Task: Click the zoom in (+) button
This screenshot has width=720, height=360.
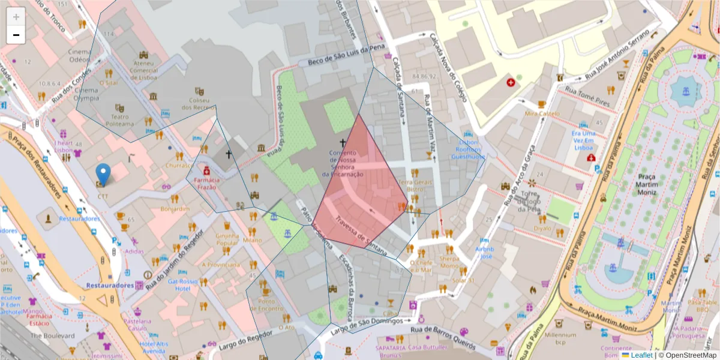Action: [16, 16]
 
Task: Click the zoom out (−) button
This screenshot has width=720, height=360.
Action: [16, 35]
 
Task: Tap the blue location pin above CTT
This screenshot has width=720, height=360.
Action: [103, 174]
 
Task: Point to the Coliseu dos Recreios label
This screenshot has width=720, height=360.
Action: [199, 103]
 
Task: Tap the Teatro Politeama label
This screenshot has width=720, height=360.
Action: [120, 120]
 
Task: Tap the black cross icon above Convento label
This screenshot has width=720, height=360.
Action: [343, 143]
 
